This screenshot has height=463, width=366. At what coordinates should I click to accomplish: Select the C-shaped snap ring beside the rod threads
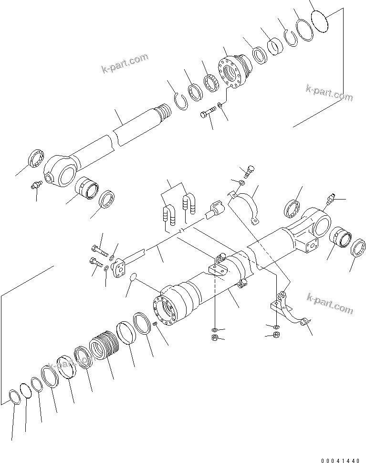(179, 102)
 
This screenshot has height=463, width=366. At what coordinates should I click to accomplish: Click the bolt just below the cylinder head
(206, 115)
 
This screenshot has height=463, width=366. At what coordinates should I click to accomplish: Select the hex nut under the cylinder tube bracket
(215, 338)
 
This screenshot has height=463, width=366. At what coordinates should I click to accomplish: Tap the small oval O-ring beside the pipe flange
(135, 277)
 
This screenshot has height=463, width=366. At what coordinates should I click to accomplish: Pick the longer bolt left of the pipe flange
(97, 249)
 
